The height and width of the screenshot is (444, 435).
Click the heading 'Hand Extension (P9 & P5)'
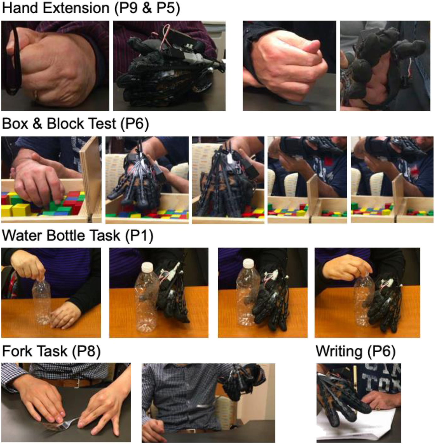pos(91,8)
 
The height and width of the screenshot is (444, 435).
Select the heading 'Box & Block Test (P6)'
pos(75,123)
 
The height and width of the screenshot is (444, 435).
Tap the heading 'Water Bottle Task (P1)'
pos(78,235)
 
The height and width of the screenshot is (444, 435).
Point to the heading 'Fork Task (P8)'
pos(51,351)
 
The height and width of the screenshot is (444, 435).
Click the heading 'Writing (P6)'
pos(356,351)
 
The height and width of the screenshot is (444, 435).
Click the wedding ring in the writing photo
pos(378,408)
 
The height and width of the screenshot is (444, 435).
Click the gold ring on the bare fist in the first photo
pos(36,95)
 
